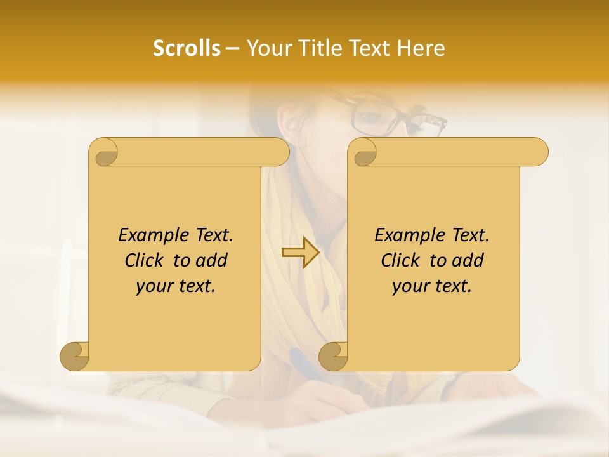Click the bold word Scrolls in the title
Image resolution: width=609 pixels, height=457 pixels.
pyautogui.click(x=187, y=48)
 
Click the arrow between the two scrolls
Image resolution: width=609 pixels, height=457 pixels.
pyautogui.click(x=300, y=253)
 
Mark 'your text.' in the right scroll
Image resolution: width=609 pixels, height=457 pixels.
pyautogui.click(x=432, y=286)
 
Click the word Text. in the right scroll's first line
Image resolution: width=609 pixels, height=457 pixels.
pyautogui.click(x=470, y=235)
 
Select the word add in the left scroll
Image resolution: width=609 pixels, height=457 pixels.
pyautogui.click(x=211, y=260)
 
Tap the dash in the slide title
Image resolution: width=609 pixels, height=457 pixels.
pyautogui.click(x=232, y=49)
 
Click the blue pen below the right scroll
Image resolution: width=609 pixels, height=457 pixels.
pyautogui.click(x=304, y=364)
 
